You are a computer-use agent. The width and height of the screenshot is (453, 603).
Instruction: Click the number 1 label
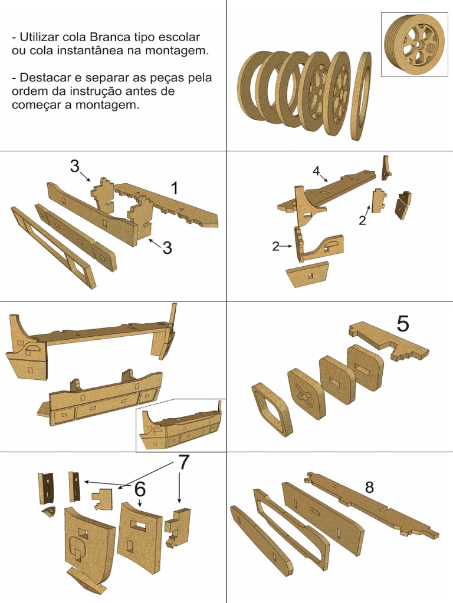174,188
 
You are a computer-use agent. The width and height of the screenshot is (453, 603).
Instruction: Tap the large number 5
403,323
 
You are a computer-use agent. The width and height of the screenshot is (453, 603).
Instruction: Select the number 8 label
369,487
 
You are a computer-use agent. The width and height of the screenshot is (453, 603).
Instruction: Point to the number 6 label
140,489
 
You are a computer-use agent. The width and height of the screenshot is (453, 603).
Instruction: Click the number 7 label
184,463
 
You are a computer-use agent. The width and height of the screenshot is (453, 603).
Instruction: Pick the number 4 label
316,171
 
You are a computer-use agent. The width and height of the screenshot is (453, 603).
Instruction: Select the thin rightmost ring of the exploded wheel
360,96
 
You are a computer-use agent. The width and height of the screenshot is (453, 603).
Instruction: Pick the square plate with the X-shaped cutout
307,393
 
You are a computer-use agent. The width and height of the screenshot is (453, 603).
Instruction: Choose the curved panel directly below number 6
139,536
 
